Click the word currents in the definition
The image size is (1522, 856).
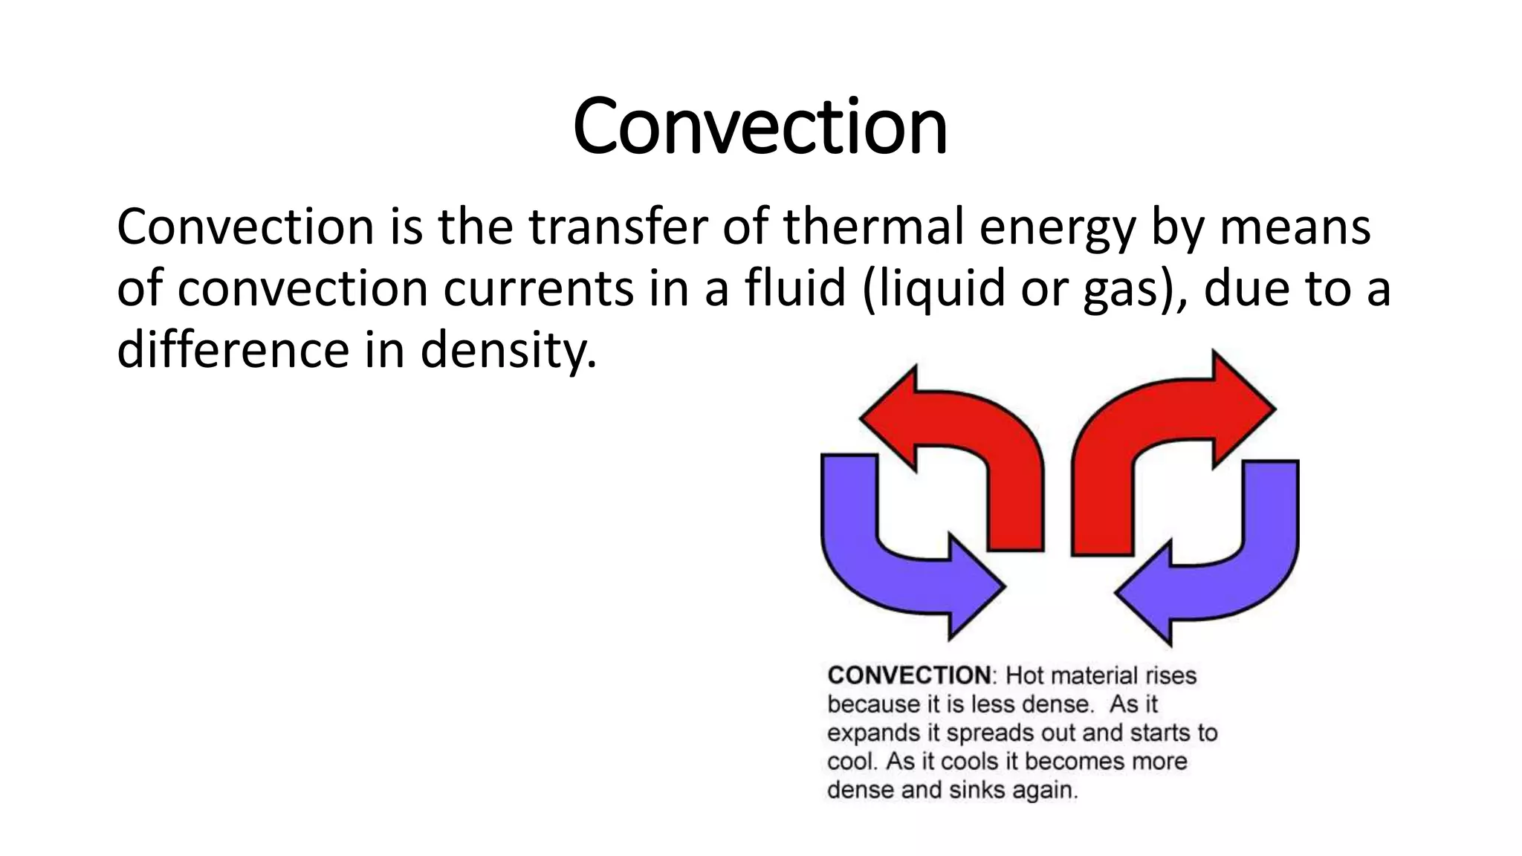tap(539, 290)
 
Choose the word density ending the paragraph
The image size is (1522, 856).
tap(508, 351)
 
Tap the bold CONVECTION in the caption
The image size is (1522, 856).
tap(909, 675)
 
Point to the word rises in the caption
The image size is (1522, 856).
tap(1170, 675)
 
